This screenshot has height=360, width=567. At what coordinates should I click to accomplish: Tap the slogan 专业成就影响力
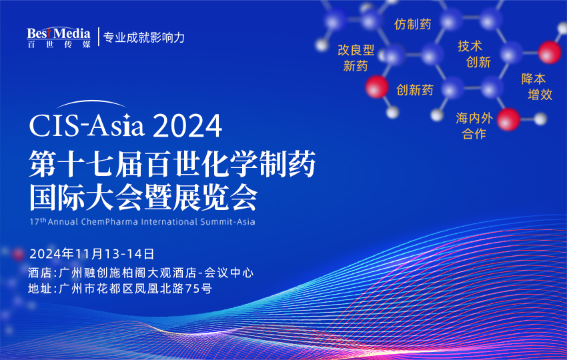(143, 37)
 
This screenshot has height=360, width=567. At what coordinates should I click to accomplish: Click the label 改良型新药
(356, 58)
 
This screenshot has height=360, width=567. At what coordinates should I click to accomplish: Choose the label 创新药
(415, 90)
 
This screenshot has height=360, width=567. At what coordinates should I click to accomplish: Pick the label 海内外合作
(474, 126)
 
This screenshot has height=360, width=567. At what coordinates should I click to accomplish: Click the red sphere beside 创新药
(377, 87)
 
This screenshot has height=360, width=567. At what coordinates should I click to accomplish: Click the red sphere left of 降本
(550, 51)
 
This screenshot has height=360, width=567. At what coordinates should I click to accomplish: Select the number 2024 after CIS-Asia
(187, 125)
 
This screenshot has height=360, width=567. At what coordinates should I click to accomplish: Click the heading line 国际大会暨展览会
(143, 197)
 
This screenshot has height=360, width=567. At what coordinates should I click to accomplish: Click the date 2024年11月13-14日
(92, 253)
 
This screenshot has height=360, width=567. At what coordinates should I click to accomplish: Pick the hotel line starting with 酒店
(141, 273)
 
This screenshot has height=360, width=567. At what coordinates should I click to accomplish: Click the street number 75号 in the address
(198, 289)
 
